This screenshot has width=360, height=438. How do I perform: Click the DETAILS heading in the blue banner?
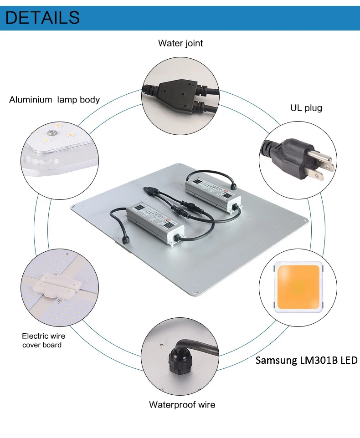click(43, 17)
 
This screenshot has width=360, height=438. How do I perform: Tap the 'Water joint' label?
click(180, 43)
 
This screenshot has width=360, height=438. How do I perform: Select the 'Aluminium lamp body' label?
click(54, 100)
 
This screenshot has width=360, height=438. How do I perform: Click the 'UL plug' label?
click(306, 108)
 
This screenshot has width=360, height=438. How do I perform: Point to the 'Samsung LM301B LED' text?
click(306, 361)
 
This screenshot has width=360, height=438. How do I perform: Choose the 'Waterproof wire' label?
click(182, 404)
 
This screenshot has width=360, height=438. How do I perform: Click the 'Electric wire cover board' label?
click(43, 341)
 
